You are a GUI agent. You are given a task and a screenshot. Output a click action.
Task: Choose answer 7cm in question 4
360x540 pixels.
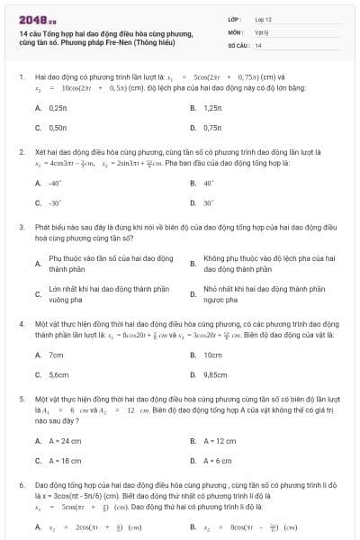pyautogui.click(x=57, y=355)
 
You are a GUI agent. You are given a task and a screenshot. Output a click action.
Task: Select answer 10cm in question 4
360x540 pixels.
pyautogui.click(x=212, y=355)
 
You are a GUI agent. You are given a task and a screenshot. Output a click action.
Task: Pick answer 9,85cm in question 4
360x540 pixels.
pyautogui.click(x=215, y=374)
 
